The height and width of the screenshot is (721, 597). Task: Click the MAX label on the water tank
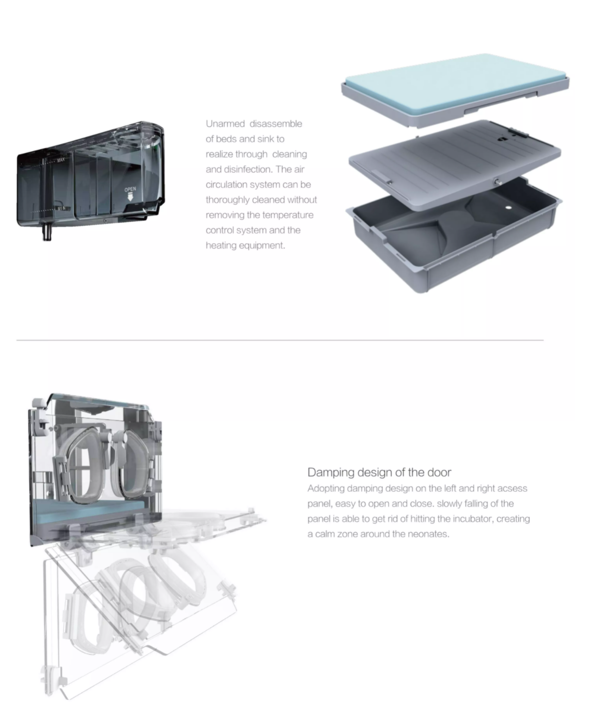point(61,160)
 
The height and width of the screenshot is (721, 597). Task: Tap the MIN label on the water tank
point(61,208)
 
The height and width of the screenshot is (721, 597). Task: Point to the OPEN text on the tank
point(130,189)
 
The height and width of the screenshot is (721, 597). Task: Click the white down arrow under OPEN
point(130,197)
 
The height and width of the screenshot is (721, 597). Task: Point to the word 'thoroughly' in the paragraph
point(227,200)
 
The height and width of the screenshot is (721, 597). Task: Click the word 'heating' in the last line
point(221,245)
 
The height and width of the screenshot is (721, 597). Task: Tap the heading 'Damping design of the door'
point(379,472)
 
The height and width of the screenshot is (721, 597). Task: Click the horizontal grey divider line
point(279,340)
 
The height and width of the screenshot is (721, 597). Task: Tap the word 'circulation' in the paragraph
point(227,185)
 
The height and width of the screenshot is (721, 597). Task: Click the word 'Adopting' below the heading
point(326,488)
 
